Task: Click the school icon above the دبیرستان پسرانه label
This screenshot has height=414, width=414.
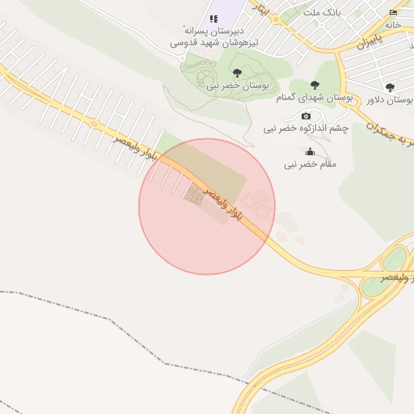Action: click(x=213, y=19)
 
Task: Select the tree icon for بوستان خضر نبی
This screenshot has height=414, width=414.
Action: click(x=236, y=73)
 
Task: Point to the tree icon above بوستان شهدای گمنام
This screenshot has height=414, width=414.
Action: click(x=315, y=86)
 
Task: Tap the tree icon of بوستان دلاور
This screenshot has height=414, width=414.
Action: click(x=390, y=87)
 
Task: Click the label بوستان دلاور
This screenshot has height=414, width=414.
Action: click(x=383, y=99)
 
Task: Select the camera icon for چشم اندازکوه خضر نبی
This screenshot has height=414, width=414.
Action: click(x=306, y=116)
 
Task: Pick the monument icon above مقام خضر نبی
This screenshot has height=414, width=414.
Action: click(x=309, y=152)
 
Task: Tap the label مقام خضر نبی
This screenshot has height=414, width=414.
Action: click(x=309, y=164)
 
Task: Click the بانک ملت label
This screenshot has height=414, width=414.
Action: click(x=319, y=13)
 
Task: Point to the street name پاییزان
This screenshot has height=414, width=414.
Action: click(x=369, y=39)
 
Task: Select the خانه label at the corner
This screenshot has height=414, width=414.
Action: click(x=393, y=24)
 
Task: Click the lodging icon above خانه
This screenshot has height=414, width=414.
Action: click(x=393, y=12)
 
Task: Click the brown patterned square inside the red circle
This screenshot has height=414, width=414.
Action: click(x=194, y=194)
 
